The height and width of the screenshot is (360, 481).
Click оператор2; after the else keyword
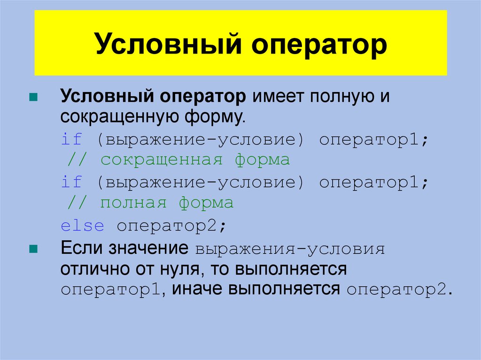(172, 226)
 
